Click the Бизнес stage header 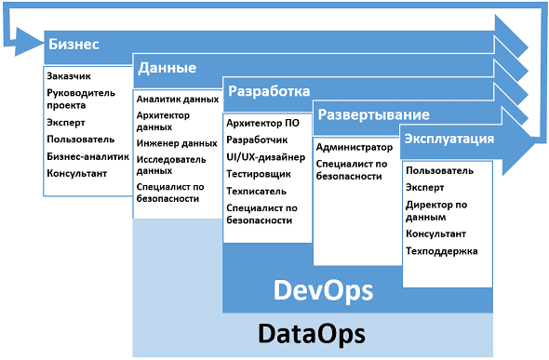[x=74, y=45]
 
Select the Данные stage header [x=166, y=68]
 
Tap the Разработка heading [x=269, y=92]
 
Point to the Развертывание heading [x=373, y=115]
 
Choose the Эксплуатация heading [x=448, y=139]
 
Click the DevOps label [x=324, y=291]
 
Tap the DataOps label [x=311, y=332]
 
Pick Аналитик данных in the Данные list [x=177, y=99]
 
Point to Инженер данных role [x=177, y=143]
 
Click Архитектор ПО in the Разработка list [x=262, y=123]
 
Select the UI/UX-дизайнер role [x=265, y=155]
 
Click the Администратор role [x=354, y=147]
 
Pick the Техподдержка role [x=442, y=251]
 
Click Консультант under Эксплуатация [x=436, y=233]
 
